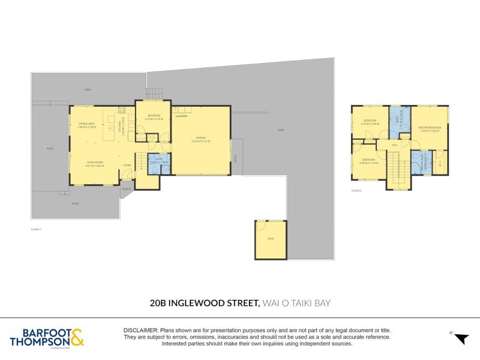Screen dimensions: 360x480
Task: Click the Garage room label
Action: pos(200,137)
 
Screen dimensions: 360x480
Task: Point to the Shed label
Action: pos(271,239)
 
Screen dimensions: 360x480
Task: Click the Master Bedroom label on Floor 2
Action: pos(430,127)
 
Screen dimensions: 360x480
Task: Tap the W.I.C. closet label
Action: pos(440,162)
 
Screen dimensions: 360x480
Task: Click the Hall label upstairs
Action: pos(395,145)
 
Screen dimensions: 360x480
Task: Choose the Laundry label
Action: pos(182,116)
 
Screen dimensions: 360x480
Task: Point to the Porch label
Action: pos(127,188)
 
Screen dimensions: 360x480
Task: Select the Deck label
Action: pos(88,89)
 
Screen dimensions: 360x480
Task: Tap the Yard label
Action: pos(280,130)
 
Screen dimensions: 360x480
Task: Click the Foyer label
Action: pos(127,165)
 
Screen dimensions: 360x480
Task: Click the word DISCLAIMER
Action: pos(140,331)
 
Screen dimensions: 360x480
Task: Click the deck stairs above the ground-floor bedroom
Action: pos(154,94)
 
